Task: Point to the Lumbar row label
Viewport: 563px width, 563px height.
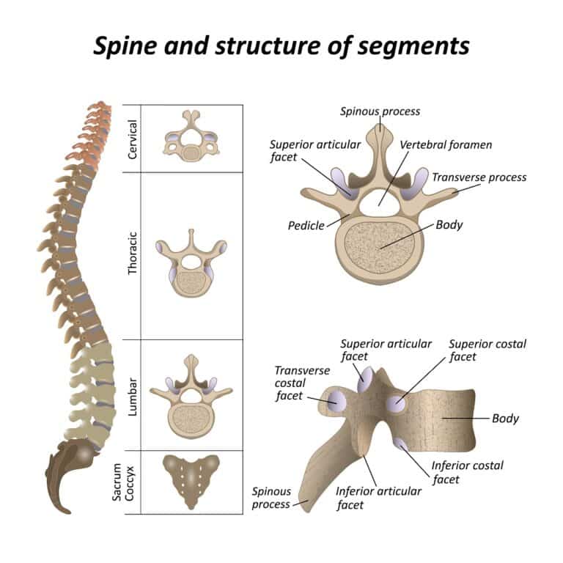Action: pyautogui.click(x=133, y=397)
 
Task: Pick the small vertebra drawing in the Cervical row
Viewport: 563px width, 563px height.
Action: pyautogui.click(x=191, y=138)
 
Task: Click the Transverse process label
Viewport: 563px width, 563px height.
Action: pyautogui.click(x=479, y=177)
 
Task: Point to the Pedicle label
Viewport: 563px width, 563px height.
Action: pyautogui.click(x=306, y=226)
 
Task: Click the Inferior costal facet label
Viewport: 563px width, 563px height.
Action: pyautogui.click(x=467, y=472)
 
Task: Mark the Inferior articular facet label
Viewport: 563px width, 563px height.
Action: pyautogui.click(x=378, y=498)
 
